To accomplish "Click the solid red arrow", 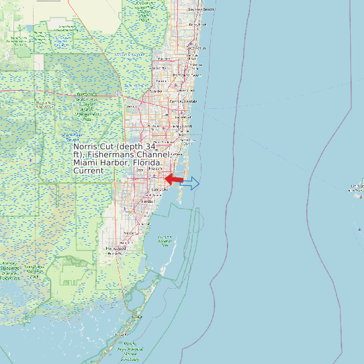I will tap(174, 179).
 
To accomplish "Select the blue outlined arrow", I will tap(191, 183).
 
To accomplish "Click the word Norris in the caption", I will tap(85, 146).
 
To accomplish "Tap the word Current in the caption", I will tap(89, 171).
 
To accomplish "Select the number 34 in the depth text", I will tap(150, 146).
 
